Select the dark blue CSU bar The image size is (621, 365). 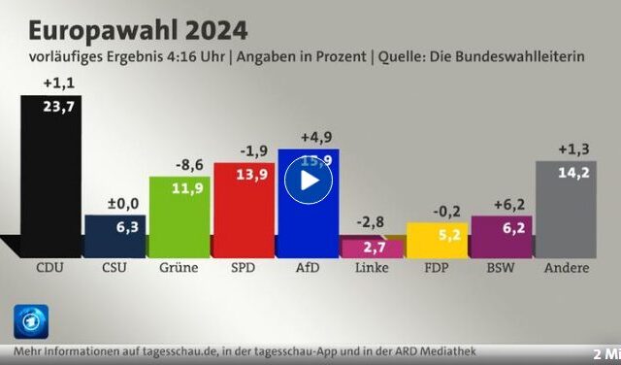[114, 237]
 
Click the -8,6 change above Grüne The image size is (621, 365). [179, 163]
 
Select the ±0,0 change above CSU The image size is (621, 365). [114, 202]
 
